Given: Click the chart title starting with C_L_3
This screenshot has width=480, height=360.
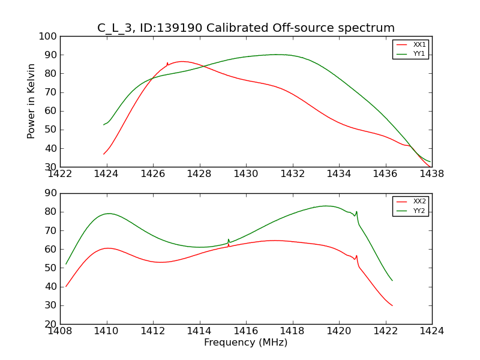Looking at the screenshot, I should [x=246, y=28].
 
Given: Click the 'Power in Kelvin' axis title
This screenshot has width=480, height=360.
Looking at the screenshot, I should [x=31, y=101].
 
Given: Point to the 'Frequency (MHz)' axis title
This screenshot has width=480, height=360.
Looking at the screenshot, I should [x=246, y=343].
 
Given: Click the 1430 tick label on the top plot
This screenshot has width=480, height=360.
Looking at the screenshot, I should [x=246, y=174].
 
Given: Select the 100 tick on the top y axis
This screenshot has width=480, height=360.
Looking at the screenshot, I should [x=50, y=37].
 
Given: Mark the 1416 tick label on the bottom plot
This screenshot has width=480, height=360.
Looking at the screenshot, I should [x=246, y=331].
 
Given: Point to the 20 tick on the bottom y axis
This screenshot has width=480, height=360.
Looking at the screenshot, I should [x=52, y=324].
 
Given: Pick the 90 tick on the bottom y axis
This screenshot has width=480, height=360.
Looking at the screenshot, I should [x=52, y=193].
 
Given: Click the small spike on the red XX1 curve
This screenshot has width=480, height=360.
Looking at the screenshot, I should [x=167, y=63].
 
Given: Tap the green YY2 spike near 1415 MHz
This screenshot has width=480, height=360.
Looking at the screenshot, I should [x=229, y=239].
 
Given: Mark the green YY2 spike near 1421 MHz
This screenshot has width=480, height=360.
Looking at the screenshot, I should [x=356, y=212].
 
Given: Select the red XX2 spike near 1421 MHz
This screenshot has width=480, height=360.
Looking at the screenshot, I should [x=356, y=256].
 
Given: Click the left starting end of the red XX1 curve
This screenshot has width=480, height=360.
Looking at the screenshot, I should [x=104, y=154].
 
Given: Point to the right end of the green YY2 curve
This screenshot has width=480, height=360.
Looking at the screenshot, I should [x=392, y=280].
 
